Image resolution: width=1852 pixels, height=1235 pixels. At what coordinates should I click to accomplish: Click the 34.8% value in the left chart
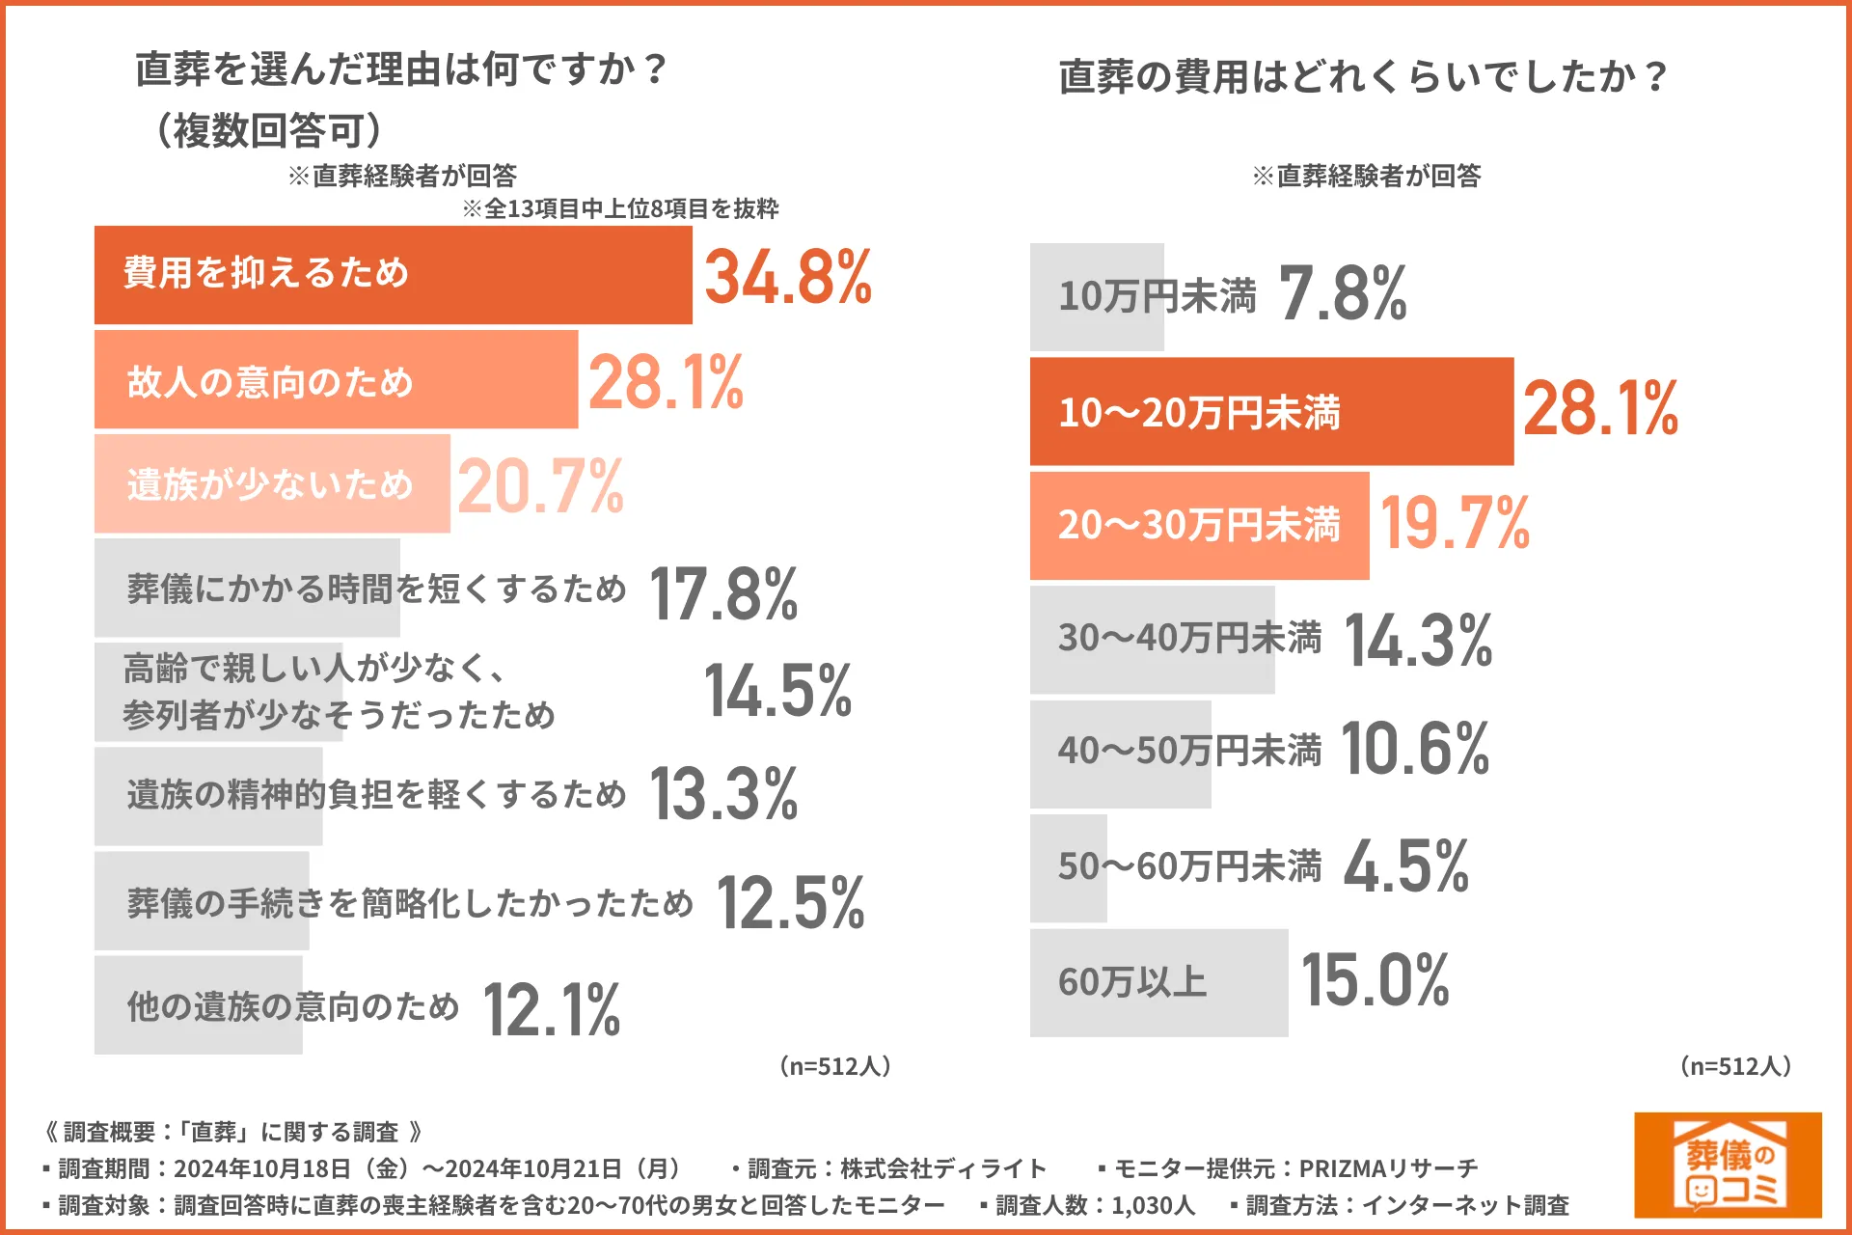tap(787, 278)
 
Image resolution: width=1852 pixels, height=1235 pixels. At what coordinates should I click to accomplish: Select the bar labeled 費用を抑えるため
tap(393, 275)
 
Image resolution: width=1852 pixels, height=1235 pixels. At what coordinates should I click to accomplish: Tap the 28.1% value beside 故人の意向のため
tap(666, 383)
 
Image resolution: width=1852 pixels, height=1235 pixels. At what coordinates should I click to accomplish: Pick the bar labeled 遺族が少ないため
tap(272, 483)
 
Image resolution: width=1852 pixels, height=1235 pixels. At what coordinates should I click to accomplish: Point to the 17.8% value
tap(723, 593)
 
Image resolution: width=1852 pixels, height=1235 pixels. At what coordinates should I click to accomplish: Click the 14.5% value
tap(777, 691)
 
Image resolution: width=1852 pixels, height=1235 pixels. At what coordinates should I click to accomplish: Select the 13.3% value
tap(723, 794)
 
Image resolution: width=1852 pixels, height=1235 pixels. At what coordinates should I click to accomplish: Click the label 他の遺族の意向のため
tap(293, 1006)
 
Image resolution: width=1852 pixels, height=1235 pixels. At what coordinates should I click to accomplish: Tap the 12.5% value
tap(790, 904)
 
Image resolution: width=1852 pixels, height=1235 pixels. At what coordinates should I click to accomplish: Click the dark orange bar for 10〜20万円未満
tap(1270, 412)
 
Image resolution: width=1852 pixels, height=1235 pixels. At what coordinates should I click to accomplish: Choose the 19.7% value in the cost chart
tap(1455, 524)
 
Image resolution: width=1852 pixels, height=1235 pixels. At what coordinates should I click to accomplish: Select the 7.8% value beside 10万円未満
tap(1342, 294)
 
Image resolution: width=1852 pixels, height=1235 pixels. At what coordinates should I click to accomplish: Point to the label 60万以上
tap(1132, 982)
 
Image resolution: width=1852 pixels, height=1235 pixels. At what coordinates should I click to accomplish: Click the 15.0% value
tap(1375, 980)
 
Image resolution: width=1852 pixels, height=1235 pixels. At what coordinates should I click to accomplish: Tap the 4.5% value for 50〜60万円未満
tap(1405, 866)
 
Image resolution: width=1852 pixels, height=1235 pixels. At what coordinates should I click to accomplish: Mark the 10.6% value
tap(1415, 750)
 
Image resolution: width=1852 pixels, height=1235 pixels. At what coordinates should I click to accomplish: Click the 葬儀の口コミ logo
tap(1727, 1165)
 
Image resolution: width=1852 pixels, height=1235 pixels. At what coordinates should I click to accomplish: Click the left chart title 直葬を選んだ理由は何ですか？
tap(401, 69)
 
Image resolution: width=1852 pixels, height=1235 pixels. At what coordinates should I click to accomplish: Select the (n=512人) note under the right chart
tap(1735, 1066)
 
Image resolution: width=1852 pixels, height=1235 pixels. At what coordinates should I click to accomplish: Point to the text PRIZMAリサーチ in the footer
tap(1388, 1168)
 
